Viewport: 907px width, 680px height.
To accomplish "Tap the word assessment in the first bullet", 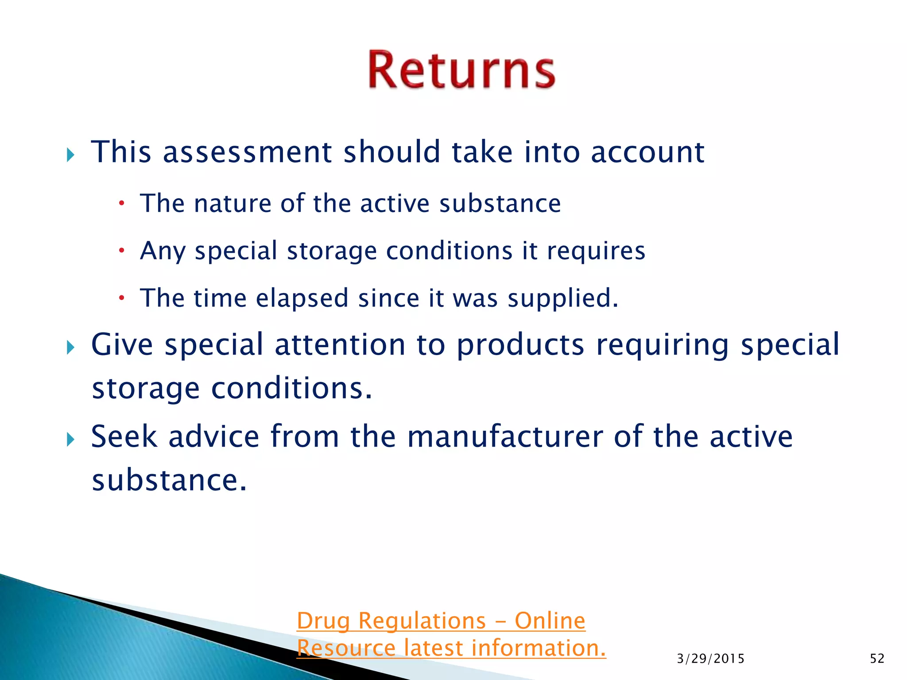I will [x=247, y=152].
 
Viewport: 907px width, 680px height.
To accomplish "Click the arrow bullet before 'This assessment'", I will [x=70, y=155].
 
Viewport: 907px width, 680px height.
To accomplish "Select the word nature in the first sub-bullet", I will [x=233, y=204].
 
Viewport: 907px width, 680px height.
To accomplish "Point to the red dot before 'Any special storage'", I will [x=122, y=251].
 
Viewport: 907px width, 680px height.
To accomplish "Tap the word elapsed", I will [x=302, y=298].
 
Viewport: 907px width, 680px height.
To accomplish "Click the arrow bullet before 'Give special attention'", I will [x=70, y=348].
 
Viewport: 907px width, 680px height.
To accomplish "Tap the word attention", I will [x=340, y=345].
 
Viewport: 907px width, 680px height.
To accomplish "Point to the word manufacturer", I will [x=505, y=437].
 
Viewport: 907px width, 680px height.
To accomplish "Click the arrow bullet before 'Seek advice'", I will [x=70, y=440].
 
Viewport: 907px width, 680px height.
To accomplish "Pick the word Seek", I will [x=124, y=437].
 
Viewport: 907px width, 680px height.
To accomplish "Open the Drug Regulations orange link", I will [x=441, y=621].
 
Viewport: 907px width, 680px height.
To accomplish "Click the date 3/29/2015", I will [x=710, y=659].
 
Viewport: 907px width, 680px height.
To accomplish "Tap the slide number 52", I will [x=877, y=659].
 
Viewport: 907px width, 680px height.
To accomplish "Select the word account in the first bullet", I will [x=647, y=152].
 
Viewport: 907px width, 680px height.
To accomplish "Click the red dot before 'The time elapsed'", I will [x=122, y=298].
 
